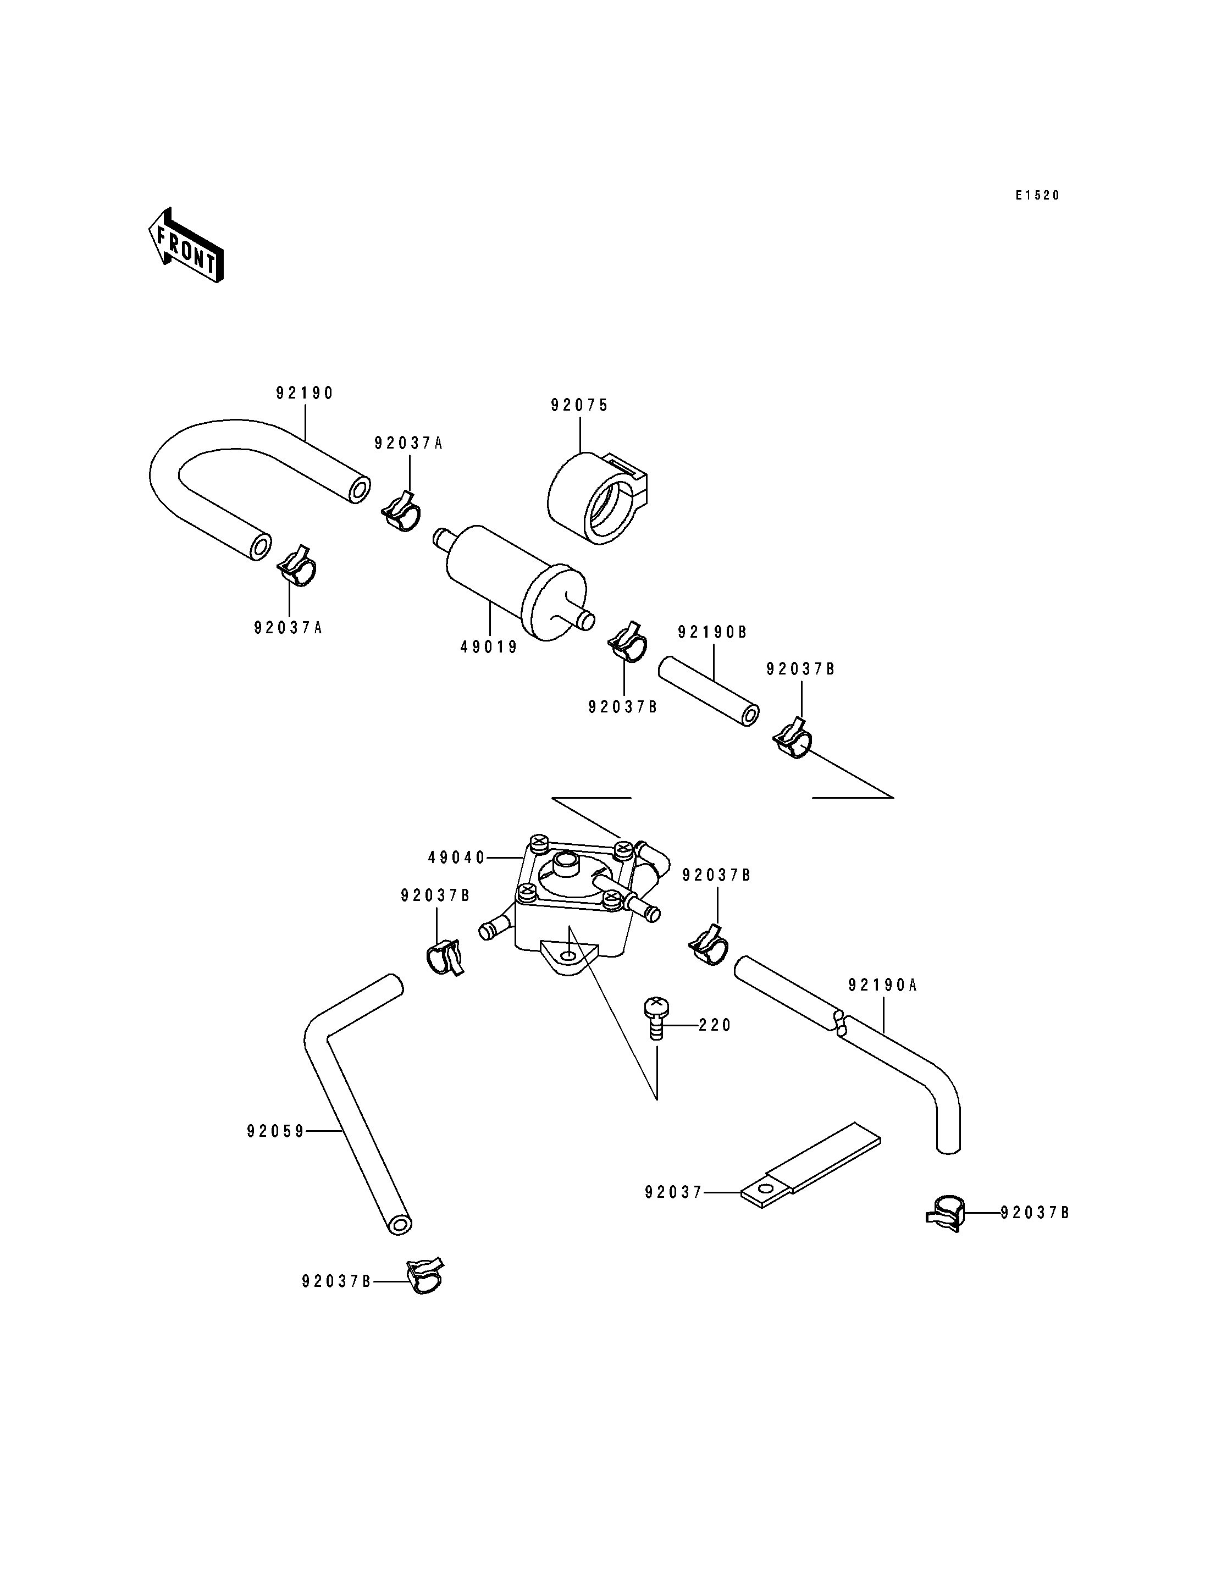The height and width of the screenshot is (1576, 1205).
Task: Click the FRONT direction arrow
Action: (x=186, y=245)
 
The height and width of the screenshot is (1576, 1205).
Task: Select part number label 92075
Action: (x=579, y=405)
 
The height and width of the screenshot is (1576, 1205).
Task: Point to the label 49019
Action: (x=489, y=647)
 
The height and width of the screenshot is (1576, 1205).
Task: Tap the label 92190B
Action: (x=712, y=632)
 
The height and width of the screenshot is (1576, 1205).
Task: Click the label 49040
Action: (x=457, y=857)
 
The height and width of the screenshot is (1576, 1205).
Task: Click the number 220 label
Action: (x=715, y=1026)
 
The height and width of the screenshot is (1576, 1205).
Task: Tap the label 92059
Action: (x=275, y=1131)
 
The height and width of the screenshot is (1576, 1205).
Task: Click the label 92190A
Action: (x=882, y=986)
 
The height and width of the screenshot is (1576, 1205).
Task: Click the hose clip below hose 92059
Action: (x=424, y=1277)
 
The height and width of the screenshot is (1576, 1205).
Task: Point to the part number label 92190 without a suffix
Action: (x=305, y=393)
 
